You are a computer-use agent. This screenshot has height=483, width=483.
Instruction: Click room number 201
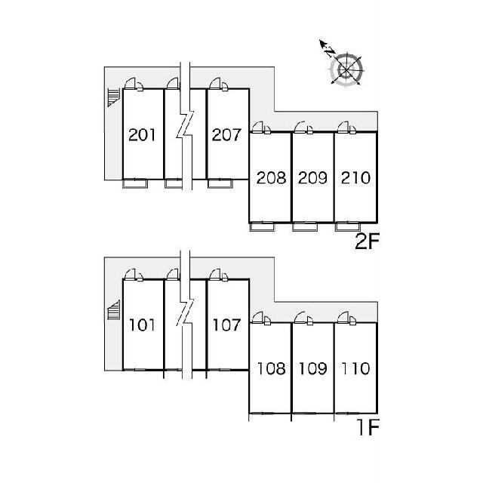pyautogui.click(x=142, y=135)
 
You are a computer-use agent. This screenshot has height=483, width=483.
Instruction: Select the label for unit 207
pyautogui.click(x=226, y=135)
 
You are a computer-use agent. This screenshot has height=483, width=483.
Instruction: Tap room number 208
pyautogui.click(x=271, y=178)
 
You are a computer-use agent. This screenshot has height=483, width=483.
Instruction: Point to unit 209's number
pyautogui.click(x=312, y=178)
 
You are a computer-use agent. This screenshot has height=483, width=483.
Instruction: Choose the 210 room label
pyautogui.click(x=355, y=178)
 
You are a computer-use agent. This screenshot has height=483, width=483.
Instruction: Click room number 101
pyautogui.click(x=142, y=325)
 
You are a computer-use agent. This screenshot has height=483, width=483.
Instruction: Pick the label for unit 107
pyautogui.click(x=226, y=325)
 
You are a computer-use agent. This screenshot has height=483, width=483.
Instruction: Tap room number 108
pyautogui.click(x=271, y=368)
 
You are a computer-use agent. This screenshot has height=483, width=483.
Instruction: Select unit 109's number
pyautogui.click(x=312, y=368)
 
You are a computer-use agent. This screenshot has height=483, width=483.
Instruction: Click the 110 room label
pyautogui.click(x=355, y=368)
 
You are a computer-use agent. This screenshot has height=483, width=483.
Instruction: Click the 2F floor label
pyautogui.click(x=367, y=241)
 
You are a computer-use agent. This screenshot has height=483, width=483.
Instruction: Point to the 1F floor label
pyautogui.click(x=368, y=427)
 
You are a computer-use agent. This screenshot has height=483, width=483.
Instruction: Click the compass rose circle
pyautogui.click(x=346, y=69)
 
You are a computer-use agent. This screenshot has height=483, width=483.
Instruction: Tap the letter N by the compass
pyautogui.click(x=330, y=52)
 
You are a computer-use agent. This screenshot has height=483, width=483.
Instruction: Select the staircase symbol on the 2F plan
pyautogui.click(x=113, y=97)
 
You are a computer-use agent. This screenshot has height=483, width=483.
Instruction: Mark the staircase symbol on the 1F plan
pyautogui.click(x=113, y=310)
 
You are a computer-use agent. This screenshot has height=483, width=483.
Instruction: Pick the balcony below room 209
pyautogui.click(x=305, y=226)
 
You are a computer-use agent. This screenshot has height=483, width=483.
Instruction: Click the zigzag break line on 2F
pyautogui.click(x=186, y=126)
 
